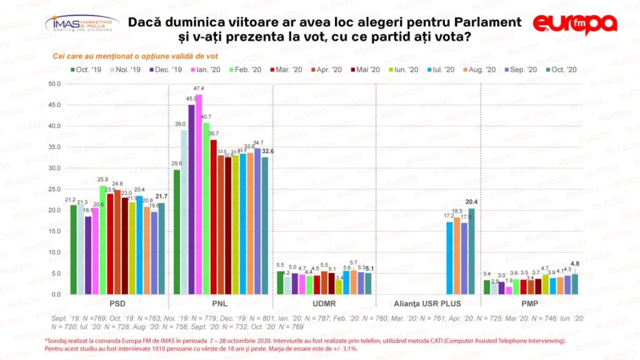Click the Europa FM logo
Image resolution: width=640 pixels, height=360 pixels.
click(x=574, y=24)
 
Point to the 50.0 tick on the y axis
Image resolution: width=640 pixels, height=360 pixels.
click(x=54, y=84)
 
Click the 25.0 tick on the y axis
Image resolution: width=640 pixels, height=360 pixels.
click(x=54, y=189)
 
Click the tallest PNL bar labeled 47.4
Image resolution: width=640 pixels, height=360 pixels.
click(x=199, y=194)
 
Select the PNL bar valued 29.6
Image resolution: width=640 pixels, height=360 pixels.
click(x=176, y=231)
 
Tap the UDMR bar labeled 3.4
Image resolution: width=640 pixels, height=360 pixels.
click(x=339, y=287)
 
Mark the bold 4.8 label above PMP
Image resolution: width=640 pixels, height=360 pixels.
click(x=575, y=264)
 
